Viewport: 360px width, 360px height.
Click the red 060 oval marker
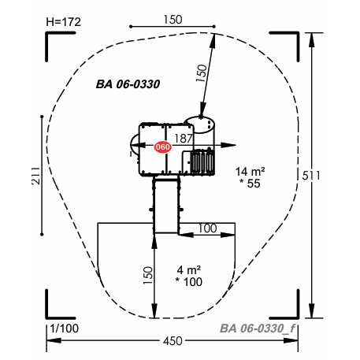coord(162,147)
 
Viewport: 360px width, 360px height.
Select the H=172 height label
coord(63,22)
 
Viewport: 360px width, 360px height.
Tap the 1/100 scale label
coord(65,328)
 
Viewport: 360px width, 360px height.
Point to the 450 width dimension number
coord(173,341)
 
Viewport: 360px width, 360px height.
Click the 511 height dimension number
coord(311,176)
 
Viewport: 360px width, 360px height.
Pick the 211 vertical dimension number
coord(36,176)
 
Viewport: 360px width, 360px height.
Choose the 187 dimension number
coord(184,139)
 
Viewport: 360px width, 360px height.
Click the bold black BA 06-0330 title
coord(128,84)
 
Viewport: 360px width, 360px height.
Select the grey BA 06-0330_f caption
coord(258,328)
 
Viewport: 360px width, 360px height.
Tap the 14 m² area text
coord(250,172)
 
